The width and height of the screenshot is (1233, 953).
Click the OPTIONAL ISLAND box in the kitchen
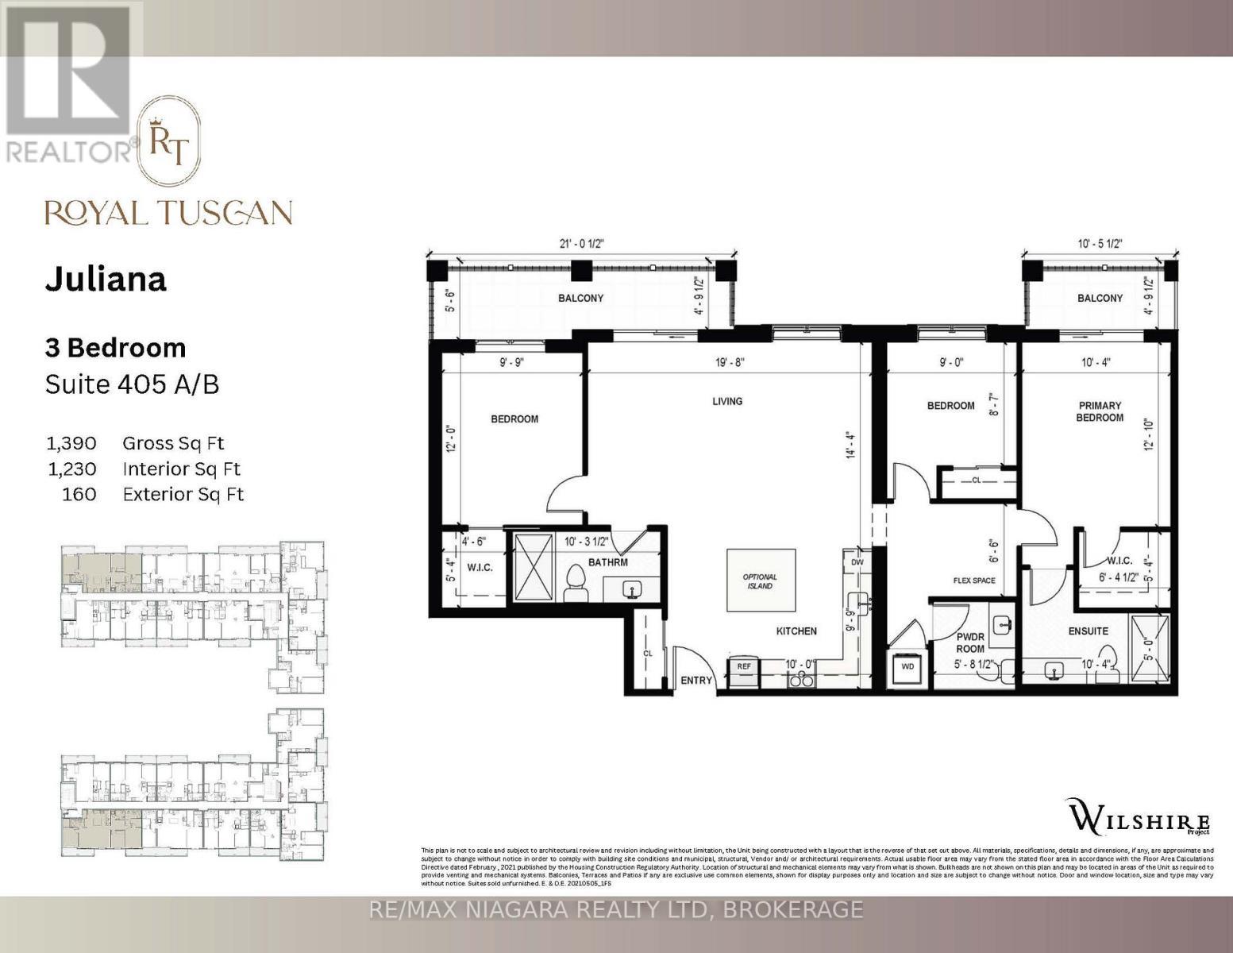pyautogui.click(x=761, y=581)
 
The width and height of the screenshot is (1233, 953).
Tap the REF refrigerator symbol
pyautogui.click(x=744, y=667)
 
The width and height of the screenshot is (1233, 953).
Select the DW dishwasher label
pyautogui.click(x=857, y=561)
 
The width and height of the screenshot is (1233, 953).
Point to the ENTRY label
pyautogui.click(x=696, y=681)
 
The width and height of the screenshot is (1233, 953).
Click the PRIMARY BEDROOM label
pyautogui.click(x=1100, y=411)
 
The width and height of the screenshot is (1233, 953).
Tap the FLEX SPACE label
pyautogui.click(x=973, y=581)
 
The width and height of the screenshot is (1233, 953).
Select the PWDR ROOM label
pyautogui.click(x=969, y=642)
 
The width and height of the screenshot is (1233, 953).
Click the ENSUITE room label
pyautogui.click(x=1088, y=631)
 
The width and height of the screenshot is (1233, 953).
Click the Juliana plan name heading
pyautogui.click(x=106, y=280)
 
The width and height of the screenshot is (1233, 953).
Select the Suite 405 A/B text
pyautogui.click(x=132, y=384)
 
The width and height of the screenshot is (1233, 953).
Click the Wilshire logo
pyautogui.click(x=1139, y=816)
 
